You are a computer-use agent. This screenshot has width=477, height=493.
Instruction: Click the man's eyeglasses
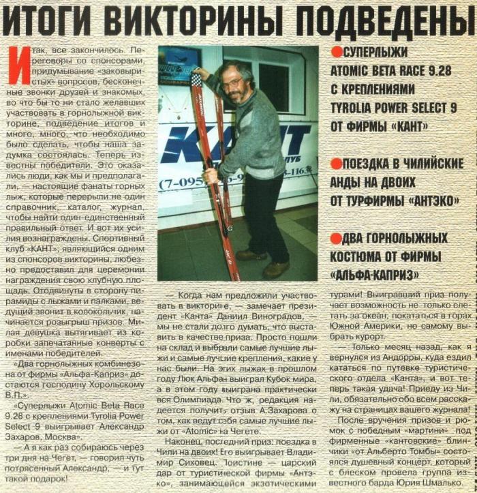pos(234,81)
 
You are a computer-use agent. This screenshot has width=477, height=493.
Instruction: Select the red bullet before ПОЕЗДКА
pos(335,164)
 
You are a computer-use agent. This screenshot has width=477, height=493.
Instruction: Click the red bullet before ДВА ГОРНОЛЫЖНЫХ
pos(335,238)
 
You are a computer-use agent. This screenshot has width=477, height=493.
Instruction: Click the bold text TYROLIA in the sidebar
pos(356,107)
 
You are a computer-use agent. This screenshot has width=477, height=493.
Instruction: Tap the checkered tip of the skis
pos(197,80)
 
